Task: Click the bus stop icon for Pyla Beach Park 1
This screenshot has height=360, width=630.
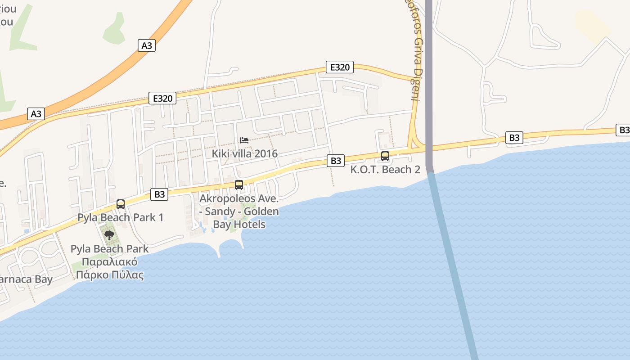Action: (121, 204)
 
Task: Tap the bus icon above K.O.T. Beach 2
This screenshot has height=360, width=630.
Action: (385, 156)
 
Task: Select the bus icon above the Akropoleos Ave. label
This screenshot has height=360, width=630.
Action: (239, 184)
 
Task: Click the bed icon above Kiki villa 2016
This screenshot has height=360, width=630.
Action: (244, 140)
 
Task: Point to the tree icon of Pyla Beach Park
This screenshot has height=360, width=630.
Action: (109, 234)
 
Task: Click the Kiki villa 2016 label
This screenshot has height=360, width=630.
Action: (245, 154)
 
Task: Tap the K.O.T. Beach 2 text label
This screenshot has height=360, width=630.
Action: (385, 170)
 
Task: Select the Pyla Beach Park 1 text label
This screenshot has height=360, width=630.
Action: (121, 218)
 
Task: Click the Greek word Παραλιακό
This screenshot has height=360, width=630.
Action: (110, 262)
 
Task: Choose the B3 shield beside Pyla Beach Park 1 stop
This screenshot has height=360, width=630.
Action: (160, 194)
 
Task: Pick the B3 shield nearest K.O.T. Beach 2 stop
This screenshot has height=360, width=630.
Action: (336, 161)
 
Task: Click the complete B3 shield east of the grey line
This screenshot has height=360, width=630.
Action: (514, 138)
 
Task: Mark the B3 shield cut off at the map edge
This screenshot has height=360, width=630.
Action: (623, 130)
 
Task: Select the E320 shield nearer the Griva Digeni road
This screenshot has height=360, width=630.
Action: (340, 67)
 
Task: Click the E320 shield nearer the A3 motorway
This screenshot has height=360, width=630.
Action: (162, 99)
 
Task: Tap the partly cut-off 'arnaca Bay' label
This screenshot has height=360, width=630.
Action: (26, 279)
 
